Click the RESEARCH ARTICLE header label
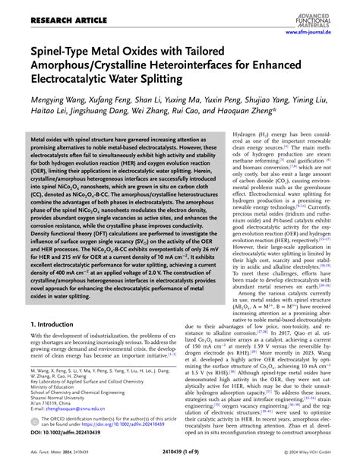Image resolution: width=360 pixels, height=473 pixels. click(49, 14)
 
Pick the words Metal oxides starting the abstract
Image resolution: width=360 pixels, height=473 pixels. click(52, 141)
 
